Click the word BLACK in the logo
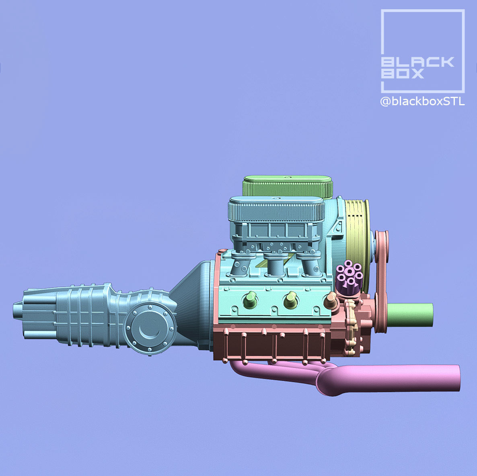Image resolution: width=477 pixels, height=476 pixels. click(x=417, y=62)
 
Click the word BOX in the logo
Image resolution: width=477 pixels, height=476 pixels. click(x=402, y=74)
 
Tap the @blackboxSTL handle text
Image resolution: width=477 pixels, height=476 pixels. click(x=422, y=102)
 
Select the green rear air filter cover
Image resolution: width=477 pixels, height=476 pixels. click(x=288, y=186)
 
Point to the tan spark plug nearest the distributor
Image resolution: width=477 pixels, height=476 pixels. click(x=331, y=298)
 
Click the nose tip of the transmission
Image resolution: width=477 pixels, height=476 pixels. click(x=16, y=311)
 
